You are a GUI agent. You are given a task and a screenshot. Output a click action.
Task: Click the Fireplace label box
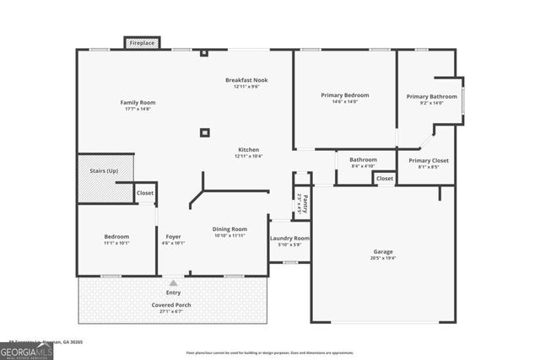point(142,42)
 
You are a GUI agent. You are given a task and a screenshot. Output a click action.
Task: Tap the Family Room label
point(138,103)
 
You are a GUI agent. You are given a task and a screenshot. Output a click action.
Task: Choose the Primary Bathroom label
point(431,96)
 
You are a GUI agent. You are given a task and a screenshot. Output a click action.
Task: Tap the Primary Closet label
point(429,160)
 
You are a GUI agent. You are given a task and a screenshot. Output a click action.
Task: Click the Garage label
point(383,251)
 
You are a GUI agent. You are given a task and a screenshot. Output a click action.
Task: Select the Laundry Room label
point(289,238)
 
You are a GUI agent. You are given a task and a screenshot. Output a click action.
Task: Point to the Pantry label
point(304,203)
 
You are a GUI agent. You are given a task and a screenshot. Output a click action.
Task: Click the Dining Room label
point(229,228)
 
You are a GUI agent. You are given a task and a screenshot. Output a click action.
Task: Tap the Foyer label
point(173,236)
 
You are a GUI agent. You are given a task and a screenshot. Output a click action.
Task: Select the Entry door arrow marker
point(173,283)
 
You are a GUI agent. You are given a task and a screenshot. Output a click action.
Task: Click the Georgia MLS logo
point(27,350)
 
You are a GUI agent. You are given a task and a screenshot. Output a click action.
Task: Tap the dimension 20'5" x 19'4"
point(383,258)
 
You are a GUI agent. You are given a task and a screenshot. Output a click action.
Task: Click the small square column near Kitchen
point(204,132)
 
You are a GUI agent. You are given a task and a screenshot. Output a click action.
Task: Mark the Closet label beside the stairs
point(145,193)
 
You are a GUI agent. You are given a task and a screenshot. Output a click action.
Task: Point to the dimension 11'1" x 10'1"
point(116,243)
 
